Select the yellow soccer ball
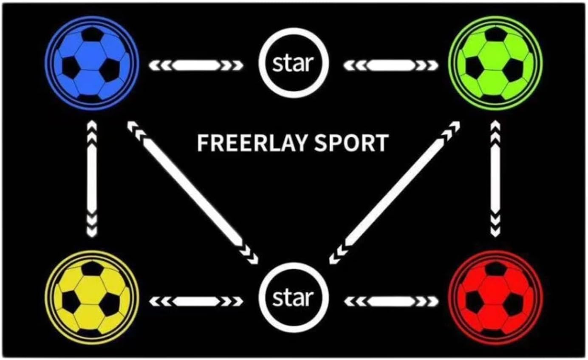[x=92, y=298]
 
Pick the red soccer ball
[x=495, y=298]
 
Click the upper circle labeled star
[x=293, y=63]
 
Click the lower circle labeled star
[x=293, y=297]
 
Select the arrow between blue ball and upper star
[x=196, y=65]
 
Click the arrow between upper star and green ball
[x=390, y=65]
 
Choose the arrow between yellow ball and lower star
[x=196, y=301]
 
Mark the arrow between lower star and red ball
[x=390, y=301]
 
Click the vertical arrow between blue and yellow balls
[x=92, y=179]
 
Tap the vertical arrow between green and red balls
[x=495, y=179]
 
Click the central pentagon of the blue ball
[x=90, y=56]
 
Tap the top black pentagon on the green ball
[x=495, y=34]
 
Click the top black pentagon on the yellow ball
[x=92, y=268]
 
